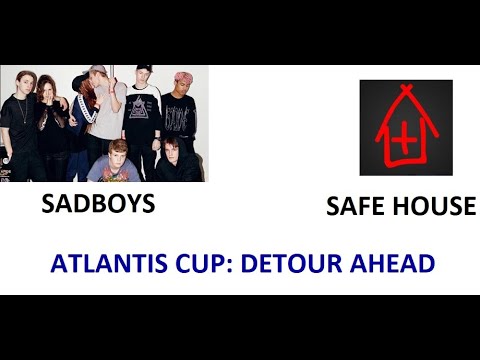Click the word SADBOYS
pyautogui.click(x=98, y=204)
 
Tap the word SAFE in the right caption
pyautogui.click(x=355, y=207)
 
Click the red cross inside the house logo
pyautogui.click(x=404, y=140)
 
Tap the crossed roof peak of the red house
pyautogui.click(x=404, y=93)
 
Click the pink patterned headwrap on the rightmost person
pyautogui.click(x=182, y=77)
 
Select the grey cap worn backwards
pyautogui.click(x=97, y=71)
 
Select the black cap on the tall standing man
pyautogui.click(x=141, y=70)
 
